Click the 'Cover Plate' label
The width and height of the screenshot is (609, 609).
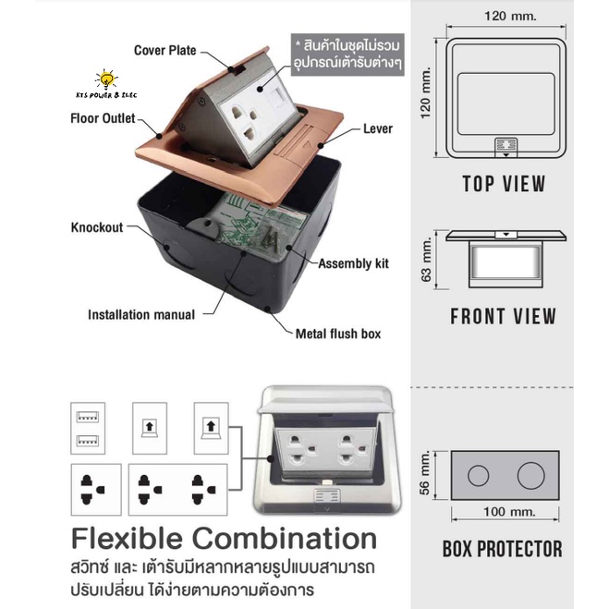point(165,51)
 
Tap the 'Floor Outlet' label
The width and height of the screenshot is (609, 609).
point(103,118)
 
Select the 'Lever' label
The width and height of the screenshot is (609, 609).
point(378,128)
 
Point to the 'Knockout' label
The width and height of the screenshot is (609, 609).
point(97,227)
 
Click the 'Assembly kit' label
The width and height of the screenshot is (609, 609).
point(353,263)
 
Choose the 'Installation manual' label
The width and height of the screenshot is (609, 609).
point(141,314)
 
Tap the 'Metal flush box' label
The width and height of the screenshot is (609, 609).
point(338,334)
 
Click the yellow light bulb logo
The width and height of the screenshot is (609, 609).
point(106,79)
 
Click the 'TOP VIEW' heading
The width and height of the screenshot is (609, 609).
point(505,184)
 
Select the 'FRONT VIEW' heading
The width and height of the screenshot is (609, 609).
point(504,316)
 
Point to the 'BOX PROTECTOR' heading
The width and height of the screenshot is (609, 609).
point(503,549)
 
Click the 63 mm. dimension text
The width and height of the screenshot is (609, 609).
point(426,259)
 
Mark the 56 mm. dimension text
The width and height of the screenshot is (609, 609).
point(425,473)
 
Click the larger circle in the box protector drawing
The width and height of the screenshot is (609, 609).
point(531,475)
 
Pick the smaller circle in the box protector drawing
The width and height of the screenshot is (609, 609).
point(478,475)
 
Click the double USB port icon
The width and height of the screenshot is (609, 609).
point(88,429)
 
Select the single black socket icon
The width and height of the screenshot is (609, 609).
point(96,490)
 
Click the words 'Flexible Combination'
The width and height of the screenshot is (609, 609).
point(225,539)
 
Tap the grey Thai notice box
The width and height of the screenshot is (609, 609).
point(347,55)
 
